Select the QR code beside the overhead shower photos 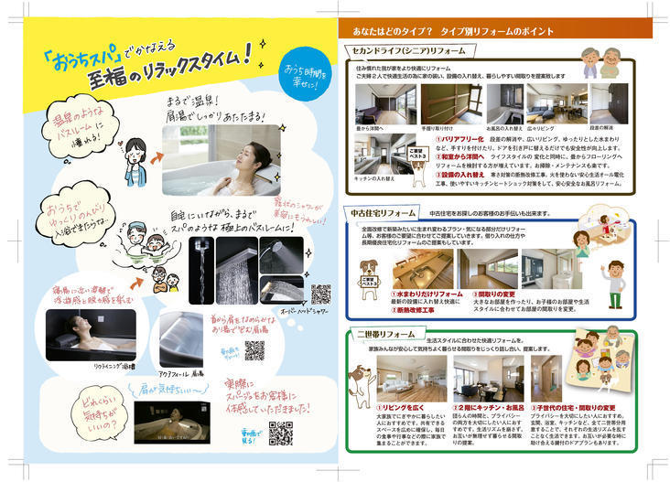319,295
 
